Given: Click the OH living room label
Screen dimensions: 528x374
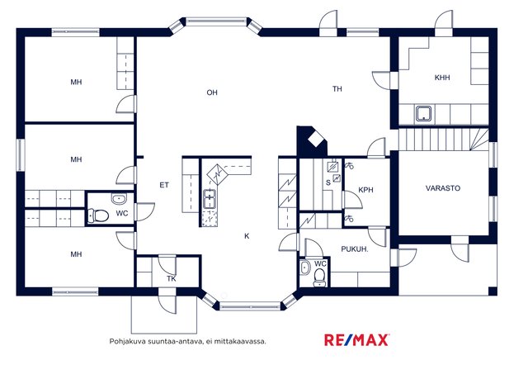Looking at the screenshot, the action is (x=212, y=92).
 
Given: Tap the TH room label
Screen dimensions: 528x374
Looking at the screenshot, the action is (x=337, y=89).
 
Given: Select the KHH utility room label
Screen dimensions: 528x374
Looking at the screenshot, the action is (x=442, y=78).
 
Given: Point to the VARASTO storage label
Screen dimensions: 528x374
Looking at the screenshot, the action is (x=443, y=188).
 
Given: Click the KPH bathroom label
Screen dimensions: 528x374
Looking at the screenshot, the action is (x=365, y=190).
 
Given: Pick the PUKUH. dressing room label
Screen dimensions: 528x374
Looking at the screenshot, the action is (x=355, y=249).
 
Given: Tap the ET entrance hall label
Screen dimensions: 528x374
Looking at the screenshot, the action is (x=164, y=185).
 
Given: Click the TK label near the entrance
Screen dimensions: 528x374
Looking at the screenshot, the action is (x=172, y=279).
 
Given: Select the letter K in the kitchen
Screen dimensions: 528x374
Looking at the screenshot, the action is (x=247, y=236).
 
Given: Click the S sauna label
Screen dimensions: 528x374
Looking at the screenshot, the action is (x=328, y=182).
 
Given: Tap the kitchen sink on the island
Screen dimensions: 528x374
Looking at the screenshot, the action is (x=210, y=199).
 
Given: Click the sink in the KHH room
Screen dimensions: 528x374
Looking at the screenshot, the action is (x=423, y=114).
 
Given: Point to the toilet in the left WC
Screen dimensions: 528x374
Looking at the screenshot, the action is (x=98, y=215).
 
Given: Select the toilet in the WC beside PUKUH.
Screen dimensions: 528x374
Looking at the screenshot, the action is (x=319, y=277).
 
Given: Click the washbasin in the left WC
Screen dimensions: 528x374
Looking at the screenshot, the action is (x=119, y=199).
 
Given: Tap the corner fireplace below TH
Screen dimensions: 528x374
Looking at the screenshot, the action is (x=312, y=141).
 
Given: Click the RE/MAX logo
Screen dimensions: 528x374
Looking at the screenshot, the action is (x=356, y=340).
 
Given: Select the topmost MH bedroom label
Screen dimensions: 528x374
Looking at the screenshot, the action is (x=76, y=83).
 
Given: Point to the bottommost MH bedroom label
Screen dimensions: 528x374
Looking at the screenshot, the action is (x=76, y=254).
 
